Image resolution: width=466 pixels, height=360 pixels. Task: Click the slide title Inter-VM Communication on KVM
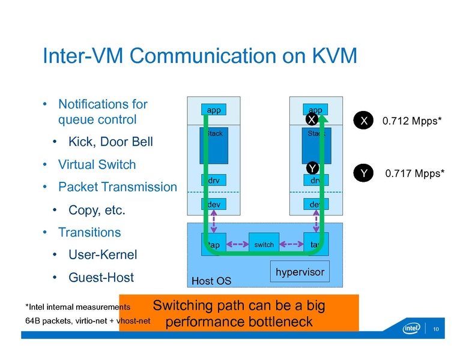(x=199, y=56)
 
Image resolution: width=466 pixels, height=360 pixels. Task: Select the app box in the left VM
(x=214, y=110)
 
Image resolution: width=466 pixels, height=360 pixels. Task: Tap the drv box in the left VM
(x=214, y=180)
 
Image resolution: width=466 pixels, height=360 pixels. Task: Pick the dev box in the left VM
(x=214, y=204)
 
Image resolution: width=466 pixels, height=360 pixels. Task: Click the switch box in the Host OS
(x=264, y=244)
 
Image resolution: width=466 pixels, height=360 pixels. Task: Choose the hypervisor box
(x=300, y=272)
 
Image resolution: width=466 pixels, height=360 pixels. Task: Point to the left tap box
(x=214, y=244)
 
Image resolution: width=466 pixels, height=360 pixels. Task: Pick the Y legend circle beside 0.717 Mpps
(x=364, y=173)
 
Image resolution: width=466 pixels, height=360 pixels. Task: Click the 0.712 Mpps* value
(x=412, y=121)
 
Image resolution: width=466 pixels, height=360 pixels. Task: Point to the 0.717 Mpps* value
(x=414, y=174)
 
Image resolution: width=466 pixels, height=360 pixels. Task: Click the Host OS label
(x=211, y=281)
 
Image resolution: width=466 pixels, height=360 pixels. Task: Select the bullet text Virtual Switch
(x=97, y=164)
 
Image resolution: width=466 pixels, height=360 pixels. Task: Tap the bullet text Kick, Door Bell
(x=110, y=142)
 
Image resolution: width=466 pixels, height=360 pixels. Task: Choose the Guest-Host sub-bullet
(x=101, y=278)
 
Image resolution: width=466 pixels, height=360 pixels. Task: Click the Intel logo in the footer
(x=411, y=328)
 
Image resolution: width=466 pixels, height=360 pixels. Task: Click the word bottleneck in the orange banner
(x=281, y=322)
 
